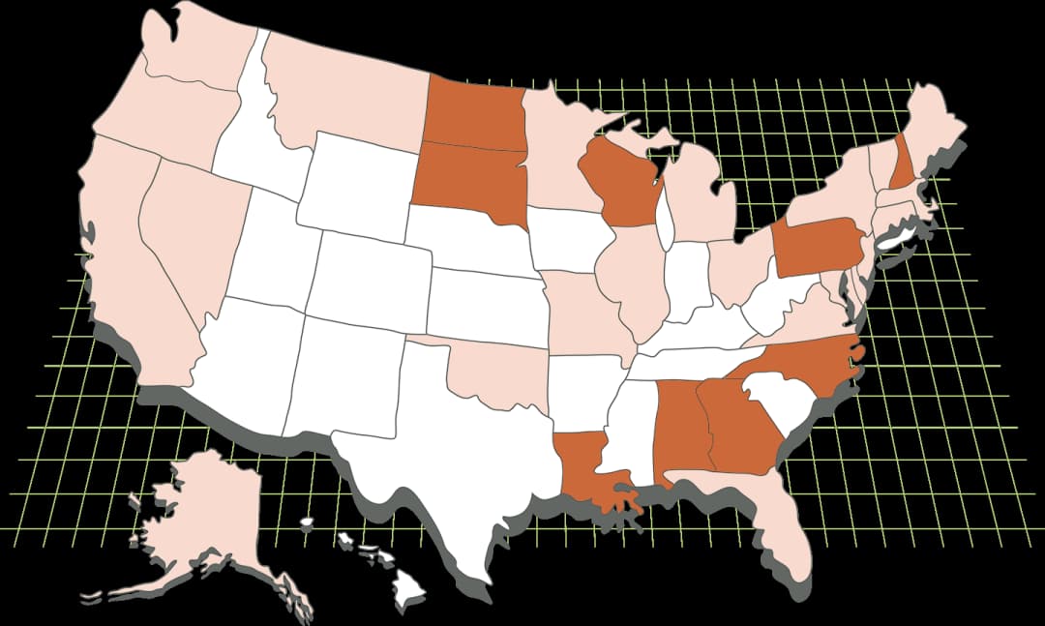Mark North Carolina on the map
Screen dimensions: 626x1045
coord(803,368)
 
